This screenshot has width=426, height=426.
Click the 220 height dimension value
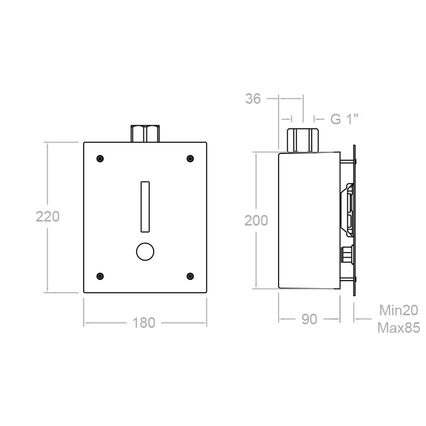pyautogui.click(x=48, y=217)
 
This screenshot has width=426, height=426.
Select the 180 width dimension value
pyautogui.click(x=144, y=323)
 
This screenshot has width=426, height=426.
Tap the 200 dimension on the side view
pyautogui.click(x=256, y=221)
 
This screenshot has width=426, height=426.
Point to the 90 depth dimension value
pyautogui.click(x=309, y=319)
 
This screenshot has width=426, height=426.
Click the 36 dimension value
pyautogui.click(x=254, y=99)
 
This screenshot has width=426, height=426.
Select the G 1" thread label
pyautogui.click(x=344, y=119)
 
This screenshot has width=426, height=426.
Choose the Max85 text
pyautogui.click(x=398, y=328)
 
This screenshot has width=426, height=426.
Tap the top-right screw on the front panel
pyautogui.click(x=190, y=159)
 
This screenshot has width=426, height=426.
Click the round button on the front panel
pyautogui.click(x=145, y=252)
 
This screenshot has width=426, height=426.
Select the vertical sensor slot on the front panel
pyautogui.click(x=145, y=206)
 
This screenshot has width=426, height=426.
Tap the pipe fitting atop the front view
pyautogui.click(x=145, y=134)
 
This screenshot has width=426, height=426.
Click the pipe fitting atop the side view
pyautogui.click(x=302, y=140)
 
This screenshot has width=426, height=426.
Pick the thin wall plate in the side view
pyautogui.click(x=355, y=221)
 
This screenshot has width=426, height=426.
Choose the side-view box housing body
pyautogui.click(x=308, y=221)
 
